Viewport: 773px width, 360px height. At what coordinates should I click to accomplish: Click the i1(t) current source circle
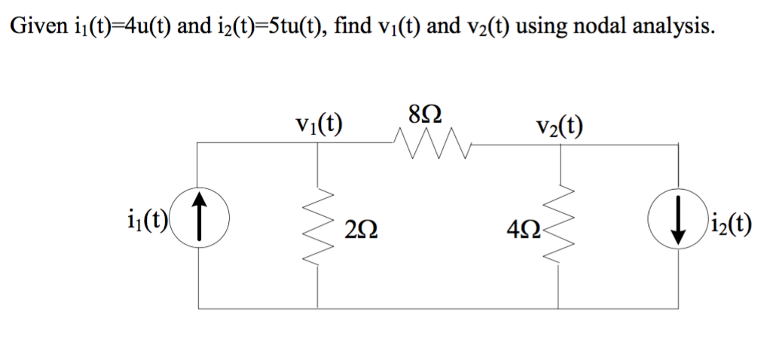[199, 225]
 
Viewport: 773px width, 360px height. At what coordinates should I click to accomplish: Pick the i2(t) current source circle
[677, 225]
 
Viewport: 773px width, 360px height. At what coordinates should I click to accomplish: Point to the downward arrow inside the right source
[677, 225]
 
